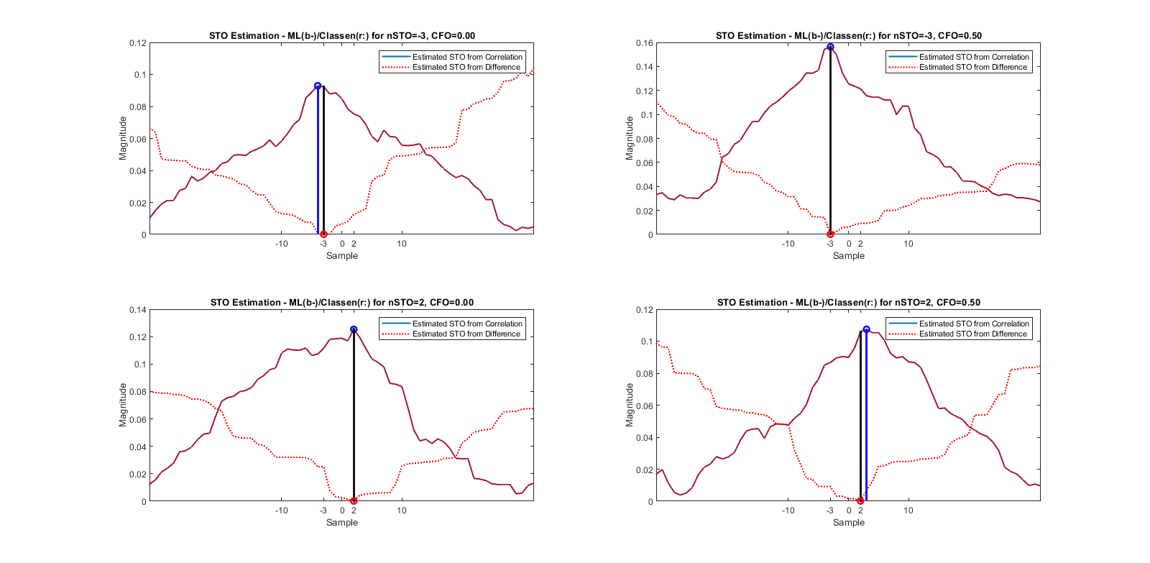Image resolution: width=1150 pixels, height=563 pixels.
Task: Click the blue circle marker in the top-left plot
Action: (318, 86)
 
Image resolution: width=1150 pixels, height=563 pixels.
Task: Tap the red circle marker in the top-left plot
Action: (323, 234)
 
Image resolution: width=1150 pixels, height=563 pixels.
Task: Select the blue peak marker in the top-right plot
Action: (830, 47)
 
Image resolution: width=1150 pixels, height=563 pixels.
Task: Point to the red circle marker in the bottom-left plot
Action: (354, 500)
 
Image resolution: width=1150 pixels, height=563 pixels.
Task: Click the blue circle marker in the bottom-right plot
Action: (866, 329)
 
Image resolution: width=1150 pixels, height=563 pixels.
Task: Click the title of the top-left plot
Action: (341, 35)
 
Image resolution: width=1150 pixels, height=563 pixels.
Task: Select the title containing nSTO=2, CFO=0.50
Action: (848, 302)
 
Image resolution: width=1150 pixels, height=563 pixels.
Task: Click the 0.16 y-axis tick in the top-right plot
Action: (644, 43)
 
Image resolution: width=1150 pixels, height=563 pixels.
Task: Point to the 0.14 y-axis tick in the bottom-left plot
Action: (137, 310)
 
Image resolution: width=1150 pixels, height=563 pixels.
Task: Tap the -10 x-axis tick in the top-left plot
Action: (281, 244)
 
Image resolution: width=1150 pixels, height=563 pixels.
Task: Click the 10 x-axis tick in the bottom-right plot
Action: (908, 511)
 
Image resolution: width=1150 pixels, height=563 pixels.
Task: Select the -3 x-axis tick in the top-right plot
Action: (830, 244)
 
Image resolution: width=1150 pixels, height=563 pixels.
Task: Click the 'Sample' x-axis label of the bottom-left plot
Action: (341, 523)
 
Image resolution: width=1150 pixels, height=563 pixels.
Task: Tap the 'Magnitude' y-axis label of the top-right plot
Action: (630, 138)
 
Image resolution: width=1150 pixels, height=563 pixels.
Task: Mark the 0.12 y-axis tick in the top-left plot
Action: (137, 43)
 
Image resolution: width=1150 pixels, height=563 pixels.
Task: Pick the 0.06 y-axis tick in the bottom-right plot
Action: (644, 406)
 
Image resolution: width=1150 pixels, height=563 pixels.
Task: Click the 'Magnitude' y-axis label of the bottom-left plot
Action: (123, 405)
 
